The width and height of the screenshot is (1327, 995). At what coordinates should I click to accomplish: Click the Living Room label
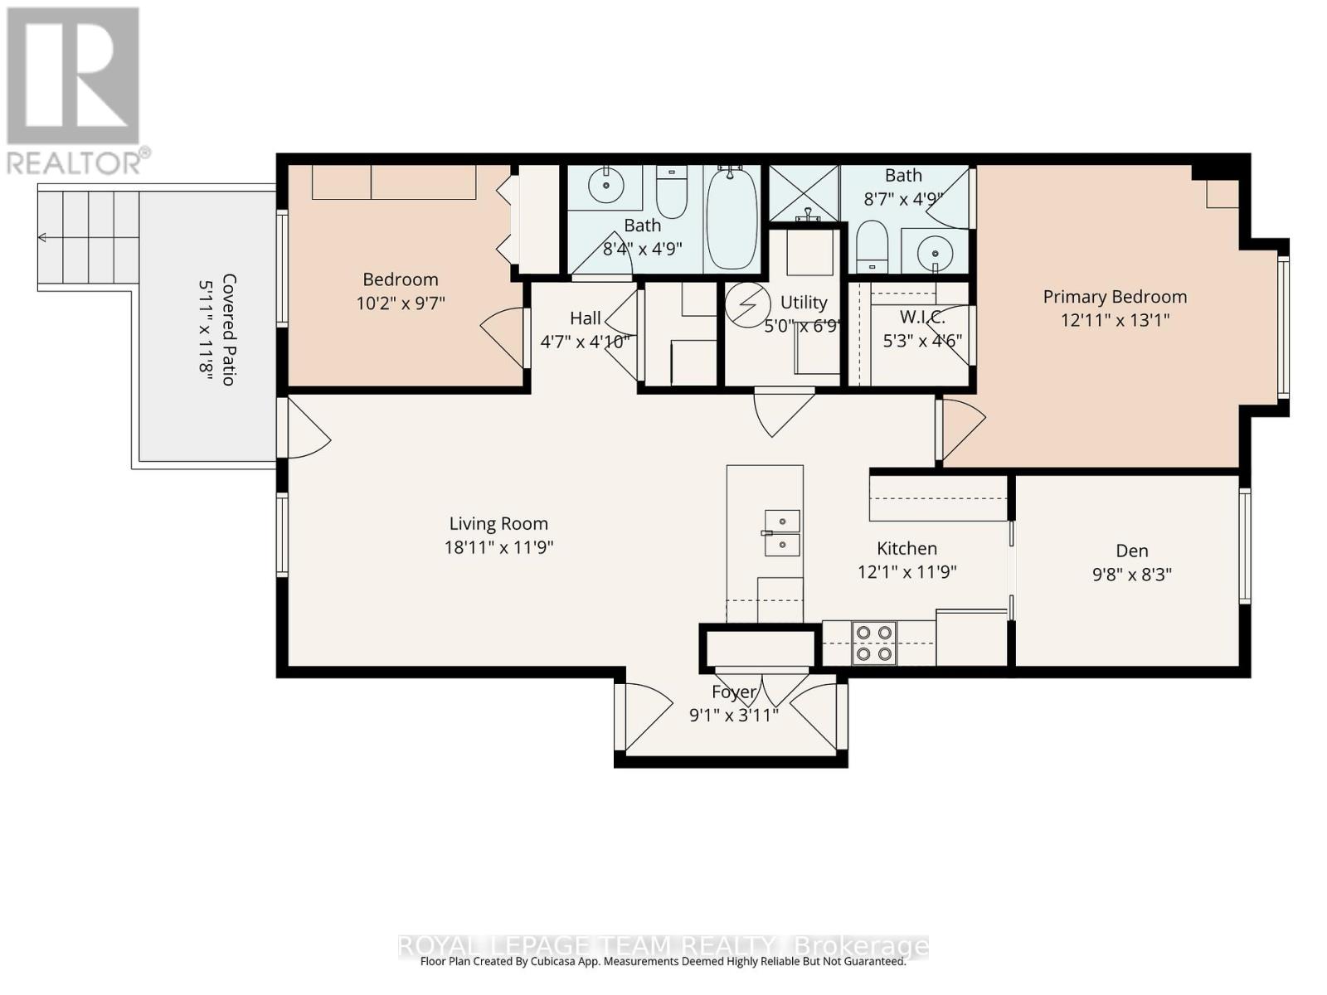click(498, 524)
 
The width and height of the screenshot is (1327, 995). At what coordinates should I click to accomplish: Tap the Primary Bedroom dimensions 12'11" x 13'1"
click(1115, 320)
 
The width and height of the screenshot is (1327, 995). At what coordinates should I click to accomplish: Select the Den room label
click(1132, 551)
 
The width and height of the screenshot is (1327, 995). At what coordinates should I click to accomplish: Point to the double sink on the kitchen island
click(782, 533)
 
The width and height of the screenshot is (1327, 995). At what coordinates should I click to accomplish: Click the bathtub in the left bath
click(732, 217)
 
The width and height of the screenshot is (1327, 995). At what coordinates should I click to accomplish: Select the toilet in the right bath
click(871, 245)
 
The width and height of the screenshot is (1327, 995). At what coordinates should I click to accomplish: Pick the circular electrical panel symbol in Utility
click(748, 304)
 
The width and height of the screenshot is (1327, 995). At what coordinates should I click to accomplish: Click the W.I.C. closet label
click(922, 318)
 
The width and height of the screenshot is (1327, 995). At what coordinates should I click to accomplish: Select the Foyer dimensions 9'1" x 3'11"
click(734, 715)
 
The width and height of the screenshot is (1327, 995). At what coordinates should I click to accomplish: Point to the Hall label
click(585, 318)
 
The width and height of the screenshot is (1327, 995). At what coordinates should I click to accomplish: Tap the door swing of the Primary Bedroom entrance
click(962, 427)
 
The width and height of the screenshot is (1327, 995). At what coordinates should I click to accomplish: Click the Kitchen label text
click(907, 549)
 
